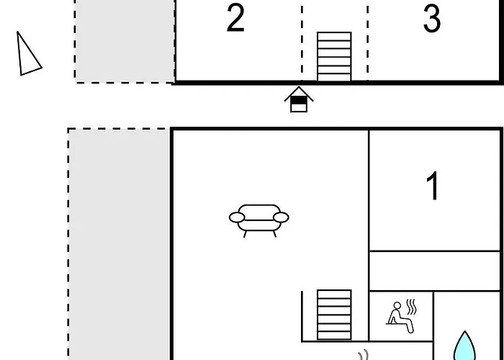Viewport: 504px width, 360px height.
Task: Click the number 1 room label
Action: [x=433, y=186]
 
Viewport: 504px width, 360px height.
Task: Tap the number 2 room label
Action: [x=235, y=18]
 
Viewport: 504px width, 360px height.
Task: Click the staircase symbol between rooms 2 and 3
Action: [x=334, y=56]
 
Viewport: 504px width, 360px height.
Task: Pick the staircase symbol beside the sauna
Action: [x=334, y=315]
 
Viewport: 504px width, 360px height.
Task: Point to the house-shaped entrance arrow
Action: [x=299, y=99]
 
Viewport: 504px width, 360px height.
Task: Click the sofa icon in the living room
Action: [x=259, y=221]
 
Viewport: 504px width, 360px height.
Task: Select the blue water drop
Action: [x=465, y=346]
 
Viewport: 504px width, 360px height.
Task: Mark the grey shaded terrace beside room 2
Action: [x=125, y=41]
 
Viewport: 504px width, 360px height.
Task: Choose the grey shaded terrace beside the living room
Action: [x=120, y=244]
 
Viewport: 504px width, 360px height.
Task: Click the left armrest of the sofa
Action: [x=237, y=217]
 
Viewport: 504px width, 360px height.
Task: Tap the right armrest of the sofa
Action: [x=281, y=217]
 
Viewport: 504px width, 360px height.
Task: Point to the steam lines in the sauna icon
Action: [x=411, y=307]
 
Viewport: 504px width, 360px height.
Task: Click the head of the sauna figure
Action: [x=397, y=305]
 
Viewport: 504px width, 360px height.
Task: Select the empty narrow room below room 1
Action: [x=435, y=271]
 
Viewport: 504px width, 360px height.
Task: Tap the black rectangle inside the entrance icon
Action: [x=299, y=101]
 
